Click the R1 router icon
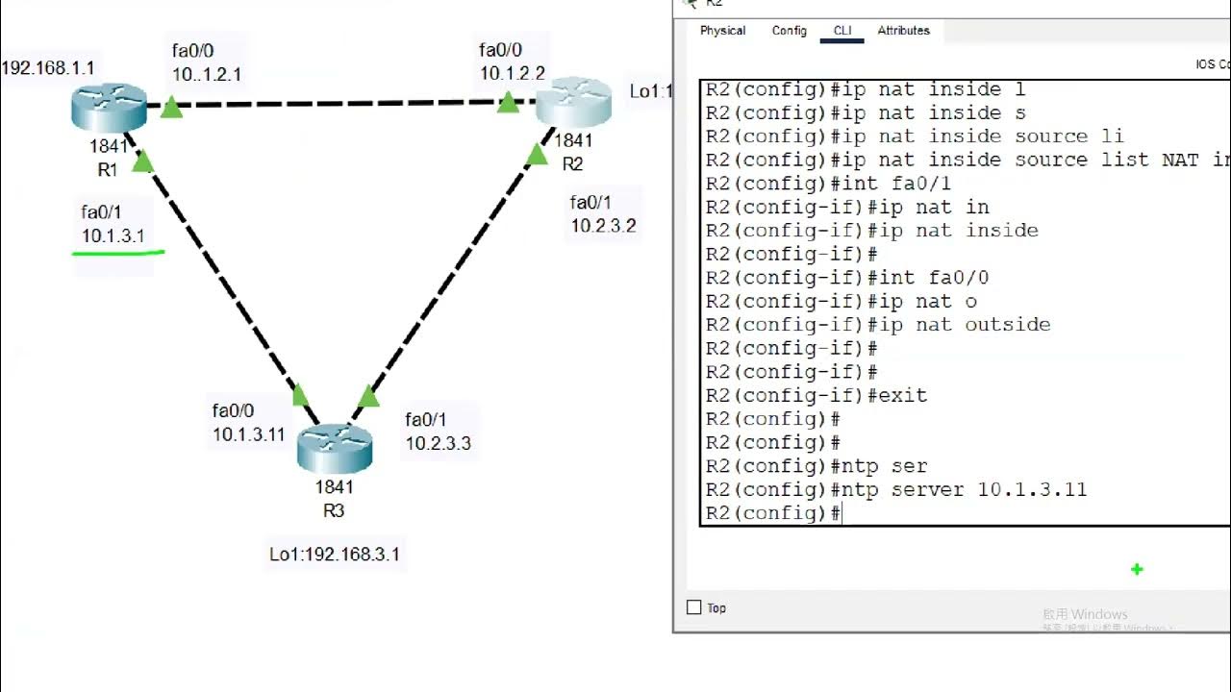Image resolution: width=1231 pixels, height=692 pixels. (x=109, y=107)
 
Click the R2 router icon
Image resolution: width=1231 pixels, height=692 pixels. (x=573, y=102)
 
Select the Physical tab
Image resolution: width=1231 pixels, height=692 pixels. (x=722, y=31)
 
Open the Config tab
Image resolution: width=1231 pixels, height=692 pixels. (x=790, y=31)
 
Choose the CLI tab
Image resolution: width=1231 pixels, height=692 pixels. (x=842, y=31)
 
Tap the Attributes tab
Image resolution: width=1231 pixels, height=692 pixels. (x=903, y=31)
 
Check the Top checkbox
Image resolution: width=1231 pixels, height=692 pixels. (x=694, y=607)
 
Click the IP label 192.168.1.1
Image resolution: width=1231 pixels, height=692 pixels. (x=48, y=68)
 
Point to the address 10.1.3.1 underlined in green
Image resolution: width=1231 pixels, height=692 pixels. (x=113, y=235)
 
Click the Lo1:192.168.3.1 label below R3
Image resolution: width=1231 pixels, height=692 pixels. (x=335, y=555)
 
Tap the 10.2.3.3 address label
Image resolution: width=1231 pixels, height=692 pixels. (x=438, y=443)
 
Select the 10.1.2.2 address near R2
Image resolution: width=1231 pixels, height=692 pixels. (x=513, y=73)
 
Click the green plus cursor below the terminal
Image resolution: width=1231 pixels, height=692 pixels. (x=1137, y=569)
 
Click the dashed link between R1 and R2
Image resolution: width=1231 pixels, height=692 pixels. (x=337, y=102)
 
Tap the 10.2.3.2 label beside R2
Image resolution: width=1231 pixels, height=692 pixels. (x=603, y=226)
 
